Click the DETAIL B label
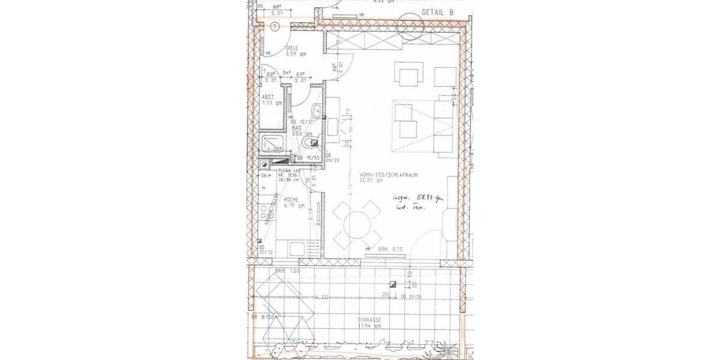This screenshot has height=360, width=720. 438,11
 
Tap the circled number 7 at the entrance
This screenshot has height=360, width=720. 274,26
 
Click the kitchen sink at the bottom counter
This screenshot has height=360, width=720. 296,247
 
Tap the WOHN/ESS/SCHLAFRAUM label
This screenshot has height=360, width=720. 385,174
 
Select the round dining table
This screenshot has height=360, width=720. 357,224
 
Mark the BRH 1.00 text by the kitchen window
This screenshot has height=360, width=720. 287,272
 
